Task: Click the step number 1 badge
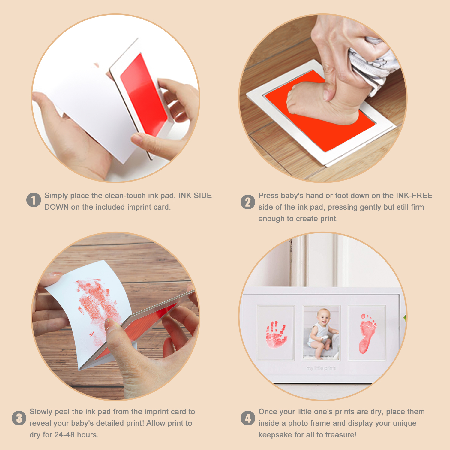[x=34, y=200]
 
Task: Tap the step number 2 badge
[x=248, y=202]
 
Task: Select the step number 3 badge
[x=19, y=418]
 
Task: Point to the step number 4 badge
[x=248, y=418]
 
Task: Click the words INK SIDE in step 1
[x=195, y=196]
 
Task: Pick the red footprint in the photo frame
[x=367, y=333]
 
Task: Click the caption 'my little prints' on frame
[x=321, y=368]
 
